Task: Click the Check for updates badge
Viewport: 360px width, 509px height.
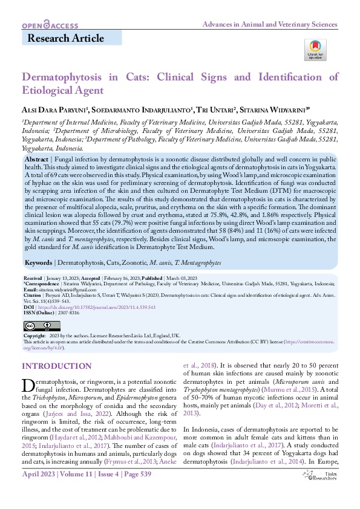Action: tap(315, 49)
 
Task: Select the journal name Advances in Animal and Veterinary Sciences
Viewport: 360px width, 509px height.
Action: tap(269, 24)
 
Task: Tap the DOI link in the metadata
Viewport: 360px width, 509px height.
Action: tap(97, 307)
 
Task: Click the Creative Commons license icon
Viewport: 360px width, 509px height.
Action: tap(37, 326)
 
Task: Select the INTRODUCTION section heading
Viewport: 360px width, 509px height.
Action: tap(56, 366)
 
